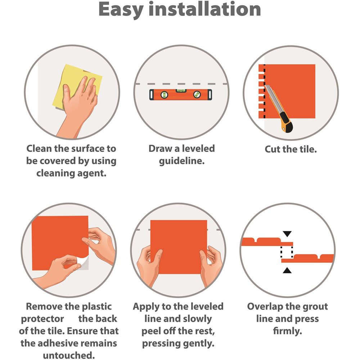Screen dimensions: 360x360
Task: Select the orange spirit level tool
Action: (181, 94)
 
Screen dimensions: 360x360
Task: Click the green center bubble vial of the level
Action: (181, 91)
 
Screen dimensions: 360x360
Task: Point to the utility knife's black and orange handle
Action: (286, 122)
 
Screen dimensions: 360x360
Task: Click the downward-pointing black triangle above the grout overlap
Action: (287, 234)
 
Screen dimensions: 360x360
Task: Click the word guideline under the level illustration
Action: (181, 161)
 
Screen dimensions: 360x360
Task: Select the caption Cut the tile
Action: (291, 149)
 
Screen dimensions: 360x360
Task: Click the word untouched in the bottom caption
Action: (69, 355)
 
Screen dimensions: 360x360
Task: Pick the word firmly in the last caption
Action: (287, 331)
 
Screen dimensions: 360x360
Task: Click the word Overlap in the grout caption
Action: (265, 307)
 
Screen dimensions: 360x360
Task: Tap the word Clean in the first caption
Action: (39, 149)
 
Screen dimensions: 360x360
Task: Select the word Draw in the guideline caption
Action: (161, 149)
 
